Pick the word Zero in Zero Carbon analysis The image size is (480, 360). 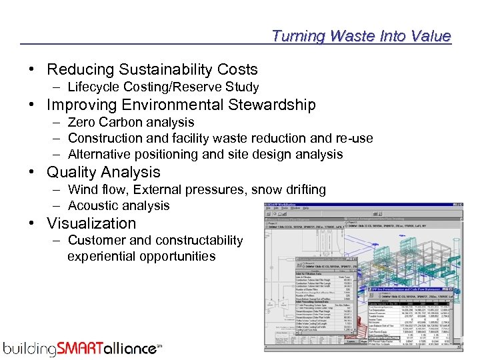[81, 122]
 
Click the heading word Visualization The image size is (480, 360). [91, 223]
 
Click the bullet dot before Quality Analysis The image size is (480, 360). [32, 172]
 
